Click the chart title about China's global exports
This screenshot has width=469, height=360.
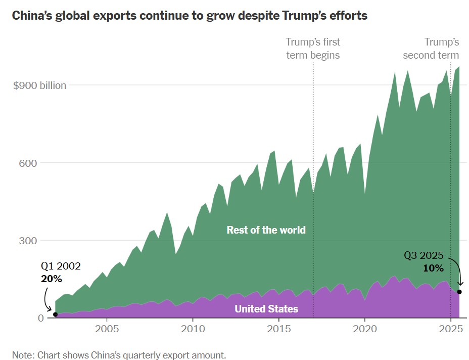189,16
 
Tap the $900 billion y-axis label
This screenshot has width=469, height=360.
39,85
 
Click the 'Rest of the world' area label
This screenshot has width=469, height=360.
266,230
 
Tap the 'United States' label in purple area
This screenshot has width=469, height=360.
266,308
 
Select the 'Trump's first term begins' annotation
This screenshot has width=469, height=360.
313,49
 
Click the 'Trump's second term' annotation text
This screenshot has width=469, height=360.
431,49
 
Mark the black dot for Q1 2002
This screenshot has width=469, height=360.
55,314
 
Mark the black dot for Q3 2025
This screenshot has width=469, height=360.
459,292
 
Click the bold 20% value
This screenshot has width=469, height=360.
51,279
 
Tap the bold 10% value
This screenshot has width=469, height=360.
433,267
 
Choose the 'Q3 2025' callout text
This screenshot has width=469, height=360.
424,256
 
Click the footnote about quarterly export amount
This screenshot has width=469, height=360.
119,354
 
